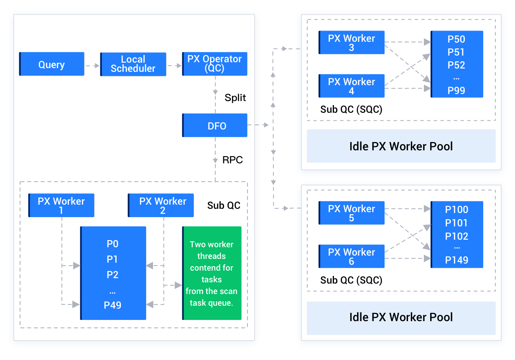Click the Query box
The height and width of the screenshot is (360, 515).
pos(52,64)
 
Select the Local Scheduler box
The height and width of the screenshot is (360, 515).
pos(133,64)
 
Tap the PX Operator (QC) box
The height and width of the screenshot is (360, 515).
pos(214,64)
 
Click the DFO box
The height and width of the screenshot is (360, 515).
pos(215,125)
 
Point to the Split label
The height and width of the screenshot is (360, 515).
pos(235,98)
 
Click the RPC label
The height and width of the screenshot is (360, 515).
pos(232,160)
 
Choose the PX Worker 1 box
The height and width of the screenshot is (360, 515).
pos(61,205)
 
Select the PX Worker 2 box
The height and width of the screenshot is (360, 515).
pos(161,205)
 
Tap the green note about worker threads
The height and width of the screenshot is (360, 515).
pos(212,273)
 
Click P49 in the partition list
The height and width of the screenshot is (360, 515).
pos(112,305)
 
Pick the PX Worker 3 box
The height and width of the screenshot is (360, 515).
pos(352,43)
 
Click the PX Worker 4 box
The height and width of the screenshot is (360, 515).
pos(352,86)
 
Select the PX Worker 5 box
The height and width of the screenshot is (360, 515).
pos(352,213)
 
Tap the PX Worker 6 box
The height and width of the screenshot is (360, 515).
pos(352,256)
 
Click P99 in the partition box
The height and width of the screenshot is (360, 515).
pos(456,91)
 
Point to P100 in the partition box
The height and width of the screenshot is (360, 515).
pos(456,210)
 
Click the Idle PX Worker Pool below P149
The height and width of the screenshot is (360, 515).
pos(401,317)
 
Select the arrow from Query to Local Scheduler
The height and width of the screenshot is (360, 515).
pos(92,66)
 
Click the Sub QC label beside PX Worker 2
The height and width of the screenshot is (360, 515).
pos(224,205)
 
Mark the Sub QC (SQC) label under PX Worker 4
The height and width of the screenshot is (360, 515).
pos(351,109)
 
